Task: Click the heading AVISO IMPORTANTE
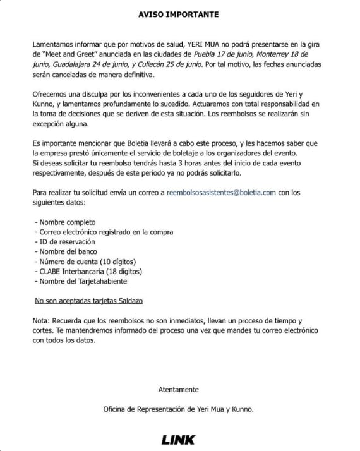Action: coord(179,13)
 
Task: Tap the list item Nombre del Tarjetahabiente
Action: coord(83,280)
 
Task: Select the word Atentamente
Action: coord(179,389)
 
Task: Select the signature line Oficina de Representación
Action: coord(179,409)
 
